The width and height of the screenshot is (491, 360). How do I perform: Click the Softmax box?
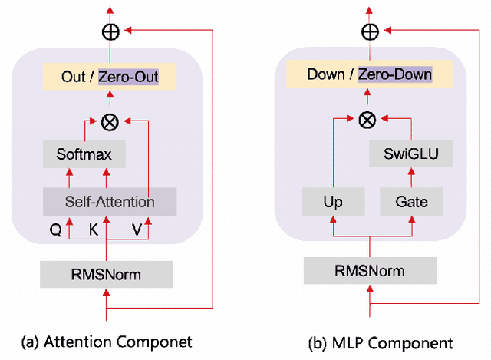click(84, 154)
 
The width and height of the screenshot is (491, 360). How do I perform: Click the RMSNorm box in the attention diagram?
click(107, 274)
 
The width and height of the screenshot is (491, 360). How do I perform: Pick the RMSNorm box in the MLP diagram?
click(370, 271)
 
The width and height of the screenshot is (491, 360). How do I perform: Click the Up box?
click(333, 202)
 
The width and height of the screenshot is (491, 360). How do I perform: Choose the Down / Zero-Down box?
click(370, 74)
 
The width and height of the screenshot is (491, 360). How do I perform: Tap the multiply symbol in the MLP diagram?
click(368, 119)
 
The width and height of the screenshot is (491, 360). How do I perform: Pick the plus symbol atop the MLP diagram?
click(370, 31)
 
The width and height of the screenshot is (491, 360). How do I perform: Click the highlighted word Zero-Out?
click(127, 77)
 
